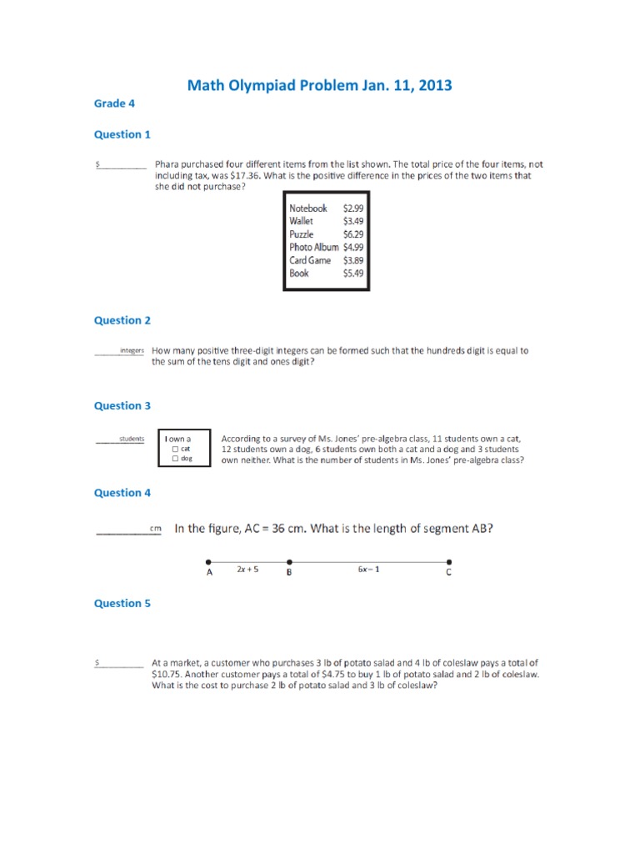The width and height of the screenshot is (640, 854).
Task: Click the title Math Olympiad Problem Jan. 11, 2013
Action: [x=319, y=85]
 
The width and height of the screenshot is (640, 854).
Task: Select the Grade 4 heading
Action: [x=114, y=103]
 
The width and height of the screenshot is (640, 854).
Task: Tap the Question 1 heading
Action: [x=122, y=134]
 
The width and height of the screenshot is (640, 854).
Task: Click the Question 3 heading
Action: [x=122, y=406]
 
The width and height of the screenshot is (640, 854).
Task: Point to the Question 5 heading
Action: [x=122, y=603]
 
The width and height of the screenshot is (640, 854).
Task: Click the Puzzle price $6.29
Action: [x=352, y=234]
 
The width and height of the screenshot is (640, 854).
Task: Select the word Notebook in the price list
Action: [x=307, y=208]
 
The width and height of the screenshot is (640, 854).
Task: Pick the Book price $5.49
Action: [x=352, y=274]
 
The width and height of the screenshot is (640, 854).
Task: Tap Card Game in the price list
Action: [x=310, y=260]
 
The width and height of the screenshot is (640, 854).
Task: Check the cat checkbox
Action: [x=175, y=449]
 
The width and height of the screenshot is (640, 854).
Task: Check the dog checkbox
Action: [x=175, y=459]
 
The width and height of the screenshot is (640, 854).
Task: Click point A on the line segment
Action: [x=209, y=561]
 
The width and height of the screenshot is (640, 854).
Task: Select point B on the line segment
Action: [x=288, y=561]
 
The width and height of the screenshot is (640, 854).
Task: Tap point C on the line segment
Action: [x=449, y=561]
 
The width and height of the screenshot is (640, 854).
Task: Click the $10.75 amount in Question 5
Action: [x=167, y=674]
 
